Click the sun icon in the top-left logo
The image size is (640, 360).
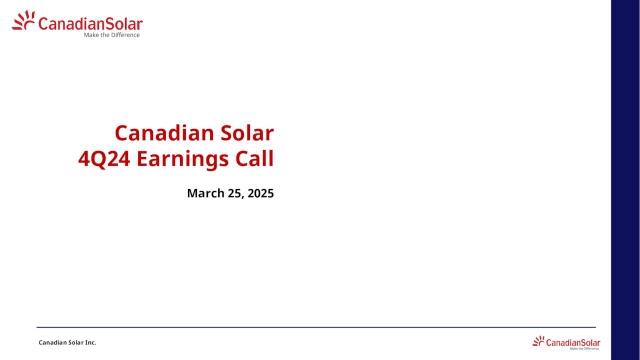pos(24,22)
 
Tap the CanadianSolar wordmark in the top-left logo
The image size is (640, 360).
pos(90,23)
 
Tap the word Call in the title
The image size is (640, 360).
pos(255,158)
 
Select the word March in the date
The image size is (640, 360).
pos(205,192)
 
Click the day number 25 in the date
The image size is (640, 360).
pos(236,192)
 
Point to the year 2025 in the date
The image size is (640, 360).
pos(261,192)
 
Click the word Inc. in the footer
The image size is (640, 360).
pos(90,343)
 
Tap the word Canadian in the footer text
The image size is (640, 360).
pos(53,343)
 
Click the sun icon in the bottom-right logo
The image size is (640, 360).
pos(539,341)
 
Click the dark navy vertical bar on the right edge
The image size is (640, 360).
pos(626,180)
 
